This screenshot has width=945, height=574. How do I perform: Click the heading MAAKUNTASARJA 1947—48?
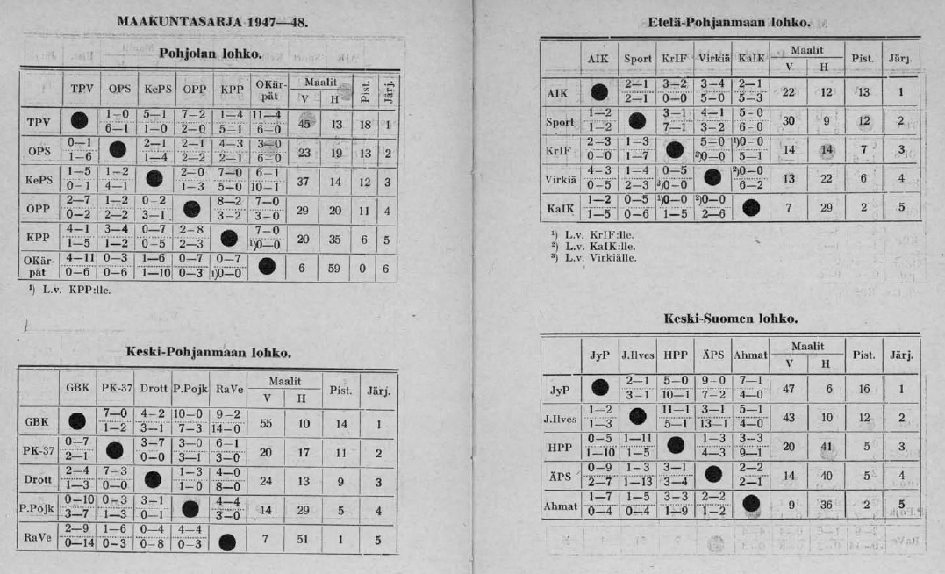pyautogui.click(x=211, y=21)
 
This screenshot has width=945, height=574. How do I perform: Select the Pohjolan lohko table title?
pyautogui.click(x=211, y=54)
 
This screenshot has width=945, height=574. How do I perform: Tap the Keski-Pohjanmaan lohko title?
pyautogui.click(x=209, y=353)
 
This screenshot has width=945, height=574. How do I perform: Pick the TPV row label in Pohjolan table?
pyautogui.click(x=39, y=123)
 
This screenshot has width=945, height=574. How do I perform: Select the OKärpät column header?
pyautogui.click(x=268, y=88)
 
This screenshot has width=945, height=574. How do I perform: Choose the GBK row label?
pyautogui.click(x=37, y=422)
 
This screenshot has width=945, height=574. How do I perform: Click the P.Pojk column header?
pyautogui.click(x=189, y=387)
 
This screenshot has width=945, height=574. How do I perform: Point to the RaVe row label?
pyautogui.click(x=37, y=539)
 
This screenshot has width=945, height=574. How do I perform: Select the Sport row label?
pyautogui.click(x=559, y=122)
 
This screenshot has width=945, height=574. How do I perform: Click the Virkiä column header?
pyautogui.click(x=713, y=60)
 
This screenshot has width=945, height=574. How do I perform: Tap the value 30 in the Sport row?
pyautogui.click(x=788, y=121)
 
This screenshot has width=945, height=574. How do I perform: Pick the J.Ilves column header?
pyautogui.click(x=638, y=355)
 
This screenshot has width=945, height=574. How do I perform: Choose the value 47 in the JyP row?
pyautogui.click(x=788, y=387)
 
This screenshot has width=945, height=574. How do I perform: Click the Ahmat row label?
pyautogui.click(x=560, y=506)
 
